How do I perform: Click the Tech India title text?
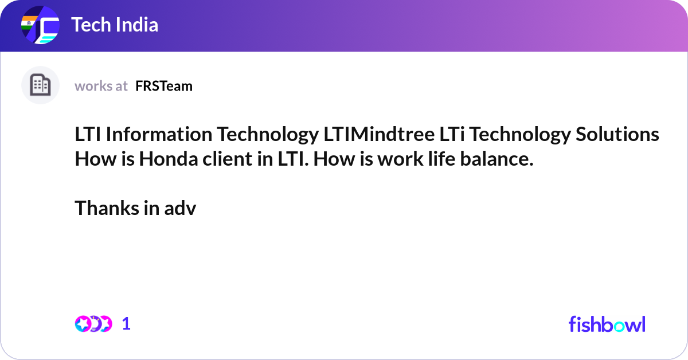coord(115,25)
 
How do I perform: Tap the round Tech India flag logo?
coord(40,25)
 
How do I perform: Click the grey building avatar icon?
coord(40,85)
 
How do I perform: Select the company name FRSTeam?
coord(164,86)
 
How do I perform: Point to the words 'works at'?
coord(101,86)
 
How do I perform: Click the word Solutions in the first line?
coord(617,135)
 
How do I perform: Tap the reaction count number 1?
coord(126,324)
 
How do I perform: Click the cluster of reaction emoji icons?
coord(93,324)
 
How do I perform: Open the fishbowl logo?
coord(607,324)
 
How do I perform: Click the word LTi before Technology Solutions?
coord(452,135)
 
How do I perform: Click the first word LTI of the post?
coord(88,135)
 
